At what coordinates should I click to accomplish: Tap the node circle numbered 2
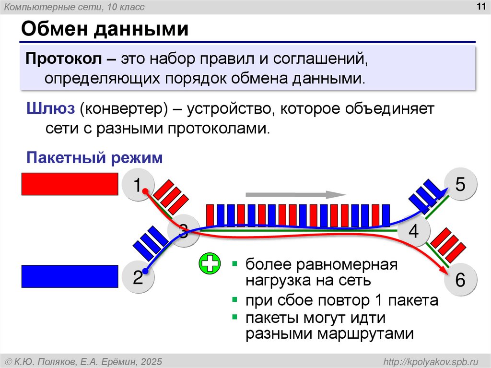click(138, 278)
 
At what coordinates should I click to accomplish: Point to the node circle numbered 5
click(460, 185)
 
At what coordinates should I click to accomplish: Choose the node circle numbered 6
click(460, 280)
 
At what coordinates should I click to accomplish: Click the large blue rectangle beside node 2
click(70, 276)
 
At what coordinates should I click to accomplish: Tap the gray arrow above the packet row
click(295, 195)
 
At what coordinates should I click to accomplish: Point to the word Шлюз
click(50, 109)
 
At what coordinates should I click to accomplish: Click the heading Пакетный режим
click(94, 158)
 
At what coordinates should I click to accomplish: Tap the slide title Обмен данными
click(104, 30)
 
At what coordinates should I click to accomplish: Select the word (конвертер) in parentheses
click(123, 109)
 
